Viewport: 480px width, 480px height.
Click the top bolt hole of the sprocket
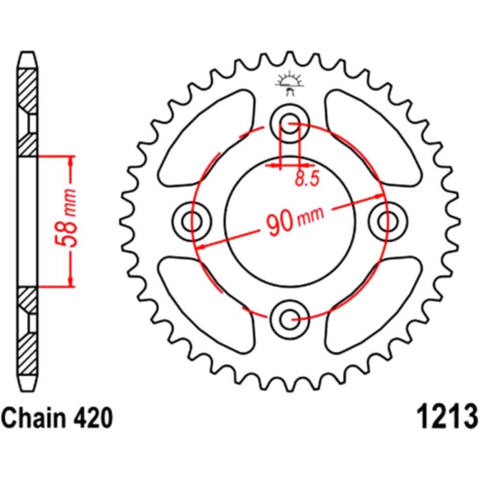tap(289, 123)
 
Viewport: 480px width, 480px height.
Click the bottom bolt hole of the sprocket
tap(289, 320)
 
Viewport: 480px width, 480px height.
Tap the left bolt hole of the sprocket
tap(192, 221)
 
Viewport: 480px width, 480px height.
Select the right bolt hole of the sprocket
tap(388, 221)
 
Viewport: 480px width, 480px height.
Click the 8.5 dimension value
tap(307, 179)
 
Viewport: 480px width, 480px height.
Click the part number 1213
tap(446, 418)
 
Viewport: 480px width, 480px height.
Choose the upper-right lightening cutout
tap(374, 138)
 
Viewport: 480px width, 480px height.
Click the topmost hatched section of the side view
tap(27, 91)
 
